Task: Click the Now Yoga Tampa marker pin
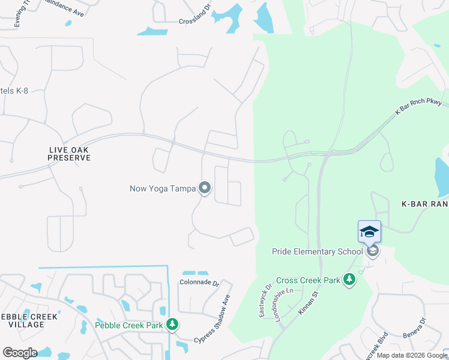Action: (x=205, y=188)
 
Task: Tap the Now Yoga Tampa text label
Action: (x=163, y=188)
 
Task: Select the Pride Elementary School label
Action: (x=317, y=251)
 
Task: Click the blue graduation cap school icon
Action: (x=369, y=231)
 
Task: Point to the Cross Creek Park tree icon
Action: (x=349, y=280)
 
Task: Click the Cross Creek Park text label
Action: (x=307, y=280)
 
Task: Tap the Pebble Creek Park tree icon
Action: (x=172, y=325)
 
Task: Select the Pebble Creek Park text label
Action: (x=129, y=326)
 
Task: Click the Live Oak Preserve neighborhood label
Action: (x=70, y=153)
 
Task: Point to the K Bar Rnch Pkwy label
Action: (x=418, y=106)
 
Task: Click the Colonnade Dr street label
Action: (x=200, y=281)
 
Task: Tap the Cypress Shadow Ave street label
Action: (x=213, y=319)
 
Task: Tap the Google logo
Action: (x=20, y=353)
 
